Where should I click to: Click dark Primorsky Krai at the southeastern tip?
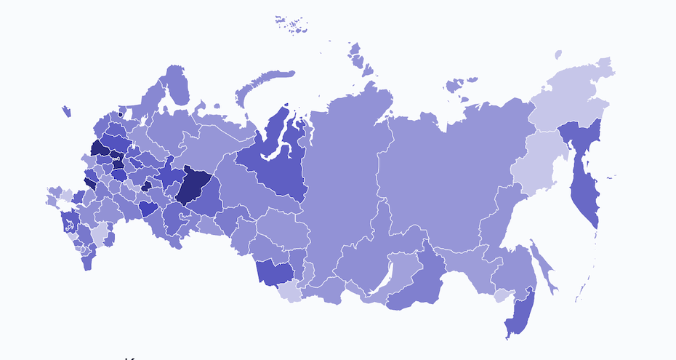(x=520, y=313)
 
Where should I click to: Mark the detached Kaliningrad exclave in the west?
(x=66, y=111)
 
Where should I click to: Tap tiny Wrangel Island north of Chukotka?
(x=558, y=55)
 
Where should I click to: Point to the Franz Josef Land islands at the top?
(x=291, y=23)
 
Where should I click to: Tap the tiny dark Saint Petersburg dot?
(x=121, y=114)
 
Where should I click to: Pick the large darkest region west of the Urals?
(x=194, y=185)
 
